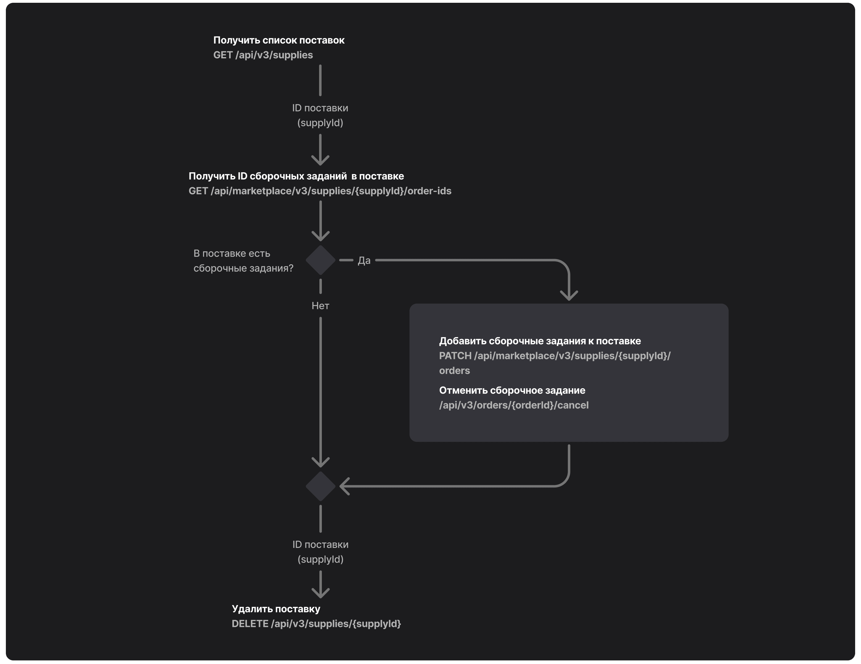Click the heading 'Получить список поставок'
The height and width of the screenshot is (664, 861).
(279, 40)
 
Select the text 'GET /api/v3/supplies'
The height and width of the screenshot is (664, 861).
(263, 55)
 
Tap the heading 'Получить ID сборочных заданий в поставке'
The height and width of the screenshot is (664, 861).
(296, 176)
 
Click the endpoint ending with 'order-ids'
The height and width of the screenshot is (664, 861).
(320, 191)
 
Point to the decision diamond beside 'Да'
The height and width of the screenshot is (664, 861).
(321, 260)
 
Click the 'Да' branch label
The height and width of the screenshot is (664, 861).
(364, 261)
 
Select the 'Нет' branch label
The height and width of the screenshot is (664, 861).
(320, 306)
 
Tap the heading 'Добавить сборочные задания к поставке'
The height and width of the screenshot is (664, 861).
(540, 341)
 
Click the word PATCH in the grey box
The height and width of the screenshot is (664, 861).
(455, 356)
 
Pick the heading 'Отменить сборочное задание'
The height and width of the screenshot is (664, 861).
(512, 390)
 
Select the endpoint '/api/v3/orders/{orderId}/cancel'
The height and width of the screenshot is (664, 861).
(514, 405)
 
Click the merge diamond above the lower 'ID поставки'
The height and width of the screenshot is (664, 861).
(321, 487)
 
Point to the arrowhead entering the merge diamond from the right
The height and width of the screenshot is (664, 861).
(344, 487)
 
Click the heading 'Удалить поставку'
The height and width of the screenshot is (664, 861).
(276, 609)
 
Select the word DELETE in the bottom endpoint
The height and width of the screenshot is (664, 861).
(250, 624)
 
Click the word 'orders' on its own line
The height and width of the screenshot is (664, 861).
(455, 371)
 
